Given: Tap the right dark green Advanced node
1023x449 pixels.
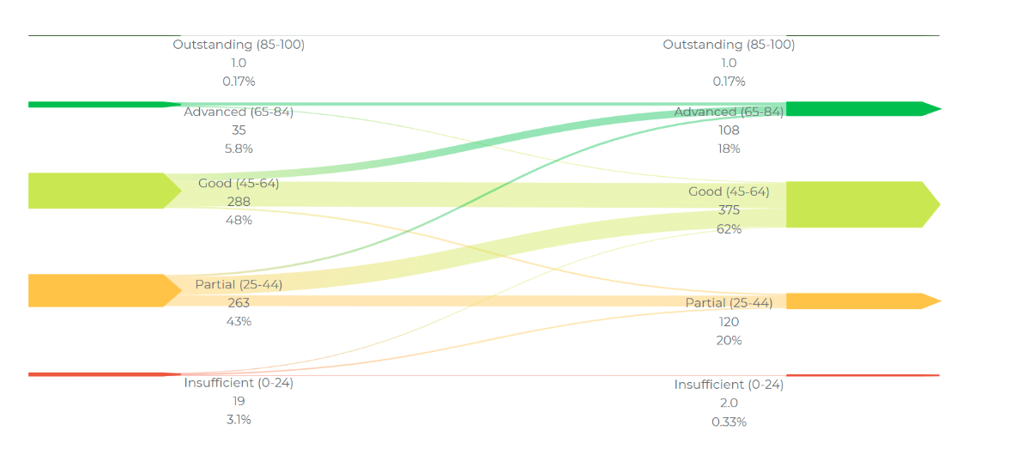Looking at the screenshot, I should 858,109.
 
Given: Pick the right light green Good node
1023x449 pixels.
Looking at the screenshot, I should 858,204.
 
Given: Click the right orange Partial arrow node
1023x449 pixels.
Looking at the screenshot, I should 858,301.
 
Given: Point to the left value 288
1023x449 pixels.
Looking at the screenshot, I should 239,202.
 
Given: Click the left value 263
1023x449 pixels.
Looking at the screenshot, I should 239,303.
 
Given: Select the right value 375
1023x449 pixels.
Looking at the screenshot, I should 729,210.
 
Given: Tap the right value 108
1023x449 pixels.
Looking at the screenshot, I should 729,130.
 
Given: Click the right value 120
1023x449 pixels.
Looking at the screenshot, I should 729,322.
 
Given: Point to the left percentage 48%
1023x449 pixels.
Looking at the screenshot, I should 239,220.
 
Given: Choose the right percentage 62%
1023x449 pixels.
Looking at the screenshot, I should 729,229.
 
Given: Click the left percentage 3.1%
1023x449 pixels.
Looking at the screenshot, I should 239,420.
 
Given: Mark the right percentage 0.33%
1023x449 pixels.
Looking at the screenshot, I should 729,422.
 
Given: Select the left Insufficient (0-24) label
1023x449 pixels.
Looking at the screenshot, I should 239,383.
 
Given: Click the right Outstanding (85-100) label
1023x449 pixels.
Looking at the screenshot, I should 729,45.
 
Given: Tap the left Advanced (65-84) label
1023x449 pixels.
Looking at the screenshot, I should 239,112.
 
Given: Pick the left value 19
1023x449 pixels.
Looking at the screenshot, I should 239,401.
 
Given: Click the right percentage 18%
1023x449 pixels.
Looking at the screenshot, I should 729,149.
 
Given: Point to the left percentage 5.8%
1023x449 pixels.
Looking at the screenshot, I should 239,149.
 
